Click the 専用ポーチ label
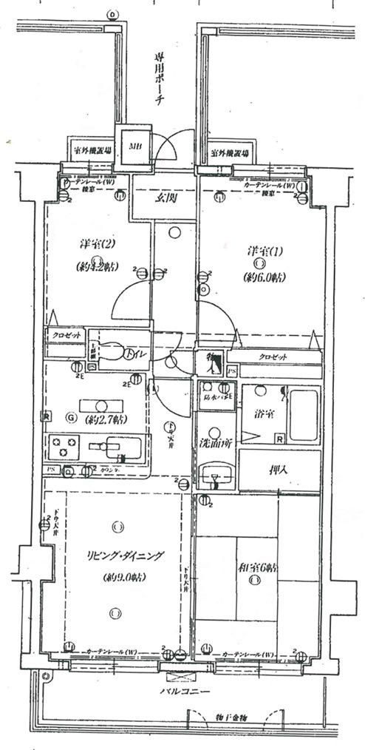click(x=159, y=81)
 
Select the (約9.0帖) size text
click(x=115, y=577)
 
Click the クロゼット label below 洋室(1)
click(x=273, y=357)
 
